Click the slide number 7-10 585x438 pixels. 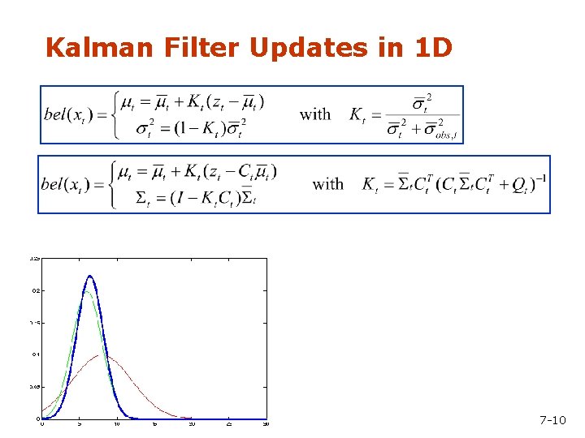tap(552, 420)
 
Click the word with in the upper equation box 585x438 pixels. tap(315, 114)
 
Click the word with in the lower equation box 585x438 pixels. tap(328, 185)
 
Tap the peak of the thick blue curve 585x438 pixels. tap(89, 277)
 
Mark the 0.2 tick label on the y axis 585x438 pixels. tap(36, 290)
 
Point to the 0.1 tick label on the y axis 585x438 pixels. tap(36, 354)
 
